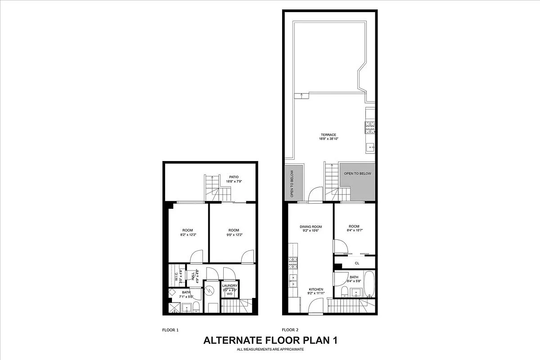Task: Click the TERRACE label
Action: [328, 135]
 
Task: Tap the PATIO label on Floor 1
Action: [233, 177]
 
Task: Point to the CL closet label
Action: [357, 263]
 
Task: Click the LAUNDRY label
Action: [229, 285]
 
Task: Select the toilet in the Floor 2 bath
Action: [344, 292]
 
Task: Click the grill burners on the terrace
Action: [370, 127]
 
